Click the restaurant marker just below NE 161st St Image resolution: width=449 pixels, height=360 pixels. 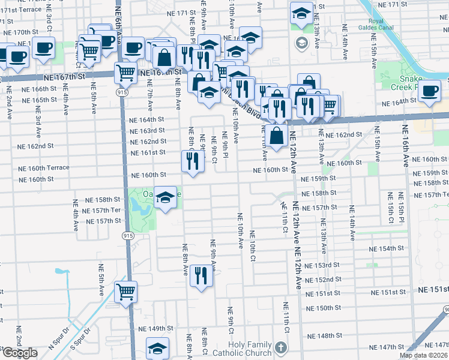(191, 161)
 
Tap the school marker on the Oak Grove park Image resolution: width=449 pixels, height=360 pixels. (164, 197)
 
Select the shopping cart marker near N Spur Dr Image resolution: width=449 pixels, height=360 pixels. (126, 292)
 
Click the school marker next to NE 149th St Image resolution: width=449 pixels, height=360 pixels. (158, 348)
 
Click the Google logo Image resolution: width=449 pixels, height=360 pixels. (19, 353)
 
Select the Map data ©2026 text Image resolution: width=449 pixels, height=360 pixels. (423, 355)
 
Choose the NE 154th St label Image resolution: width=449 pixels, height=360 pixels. (387, 248)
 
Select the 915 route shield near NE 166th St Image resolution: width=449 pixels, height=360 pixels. (122, 92)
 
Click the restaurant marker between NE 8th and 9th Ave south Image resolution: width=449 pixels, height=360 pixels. (201, 275)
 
